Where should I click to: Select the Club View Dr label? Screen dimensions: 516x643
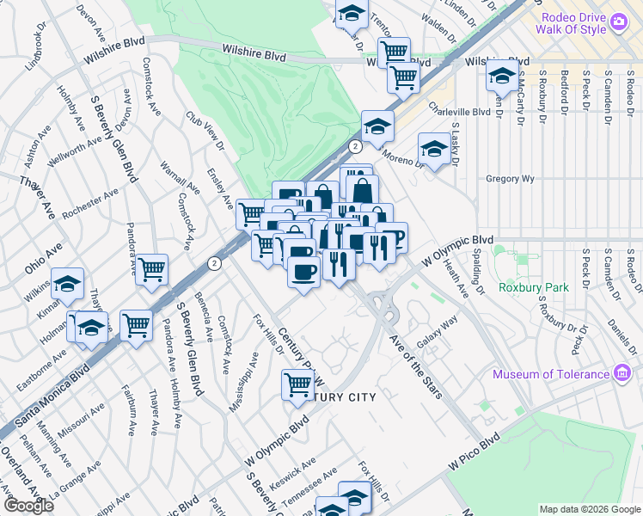pyautogui.click(x=204, y=131)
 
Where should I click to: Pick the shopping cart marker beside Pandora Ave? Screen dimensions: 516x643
pyautogui.click(x=152, y=268)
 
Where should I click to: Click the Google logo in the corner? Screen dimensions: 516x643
pyautogui.click(x=28, y=506)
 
